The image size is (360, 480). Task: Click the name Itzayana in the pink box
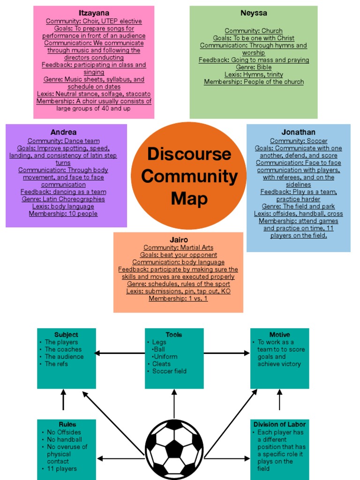click(x=94, y=13)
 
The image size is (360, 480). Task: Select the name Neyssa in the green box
click(x=254, y=13)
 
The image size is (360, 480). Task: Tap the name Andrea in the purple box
click(x=63, y=132)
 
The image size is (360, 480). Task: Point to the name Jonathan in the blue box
click(x=298, y=132)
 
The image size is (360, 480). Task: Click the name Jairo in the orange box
click(x=178, y=240)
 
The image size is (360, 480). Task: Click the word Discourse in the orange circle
click(x=189, y=154)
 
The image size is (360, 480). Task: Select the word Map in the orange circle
click(x=189, y=198)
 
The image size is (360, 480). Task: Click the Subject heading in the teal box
click(x=66, y=335)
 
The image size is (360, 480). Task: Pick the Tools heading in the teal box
click(x=173, y=335)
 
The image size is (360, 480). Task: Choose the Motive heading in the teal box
click(x=279, y=335)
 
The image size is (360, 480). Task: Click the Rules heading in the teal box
click(x=67, y=424)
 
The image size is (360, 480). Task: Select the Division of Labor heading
click(x=279, y=424)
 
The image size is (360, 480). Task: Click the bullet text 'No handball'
click(x=64, y=440)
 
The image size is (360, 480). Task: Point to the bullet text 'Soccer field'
click(x=169, y=371)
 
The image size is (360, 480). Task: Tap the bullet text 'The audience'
click(x=64, y=357)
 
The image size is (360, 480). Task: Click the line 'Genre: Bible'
click(x=254, y=67)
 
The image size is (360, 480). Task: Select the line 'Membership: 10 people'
click(x=63, y=214)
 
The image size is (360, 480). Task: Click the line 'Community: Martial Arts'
click(x=178, y=247)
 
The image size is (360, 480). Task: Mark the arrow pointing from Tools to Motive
click(x=227, y=353)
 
